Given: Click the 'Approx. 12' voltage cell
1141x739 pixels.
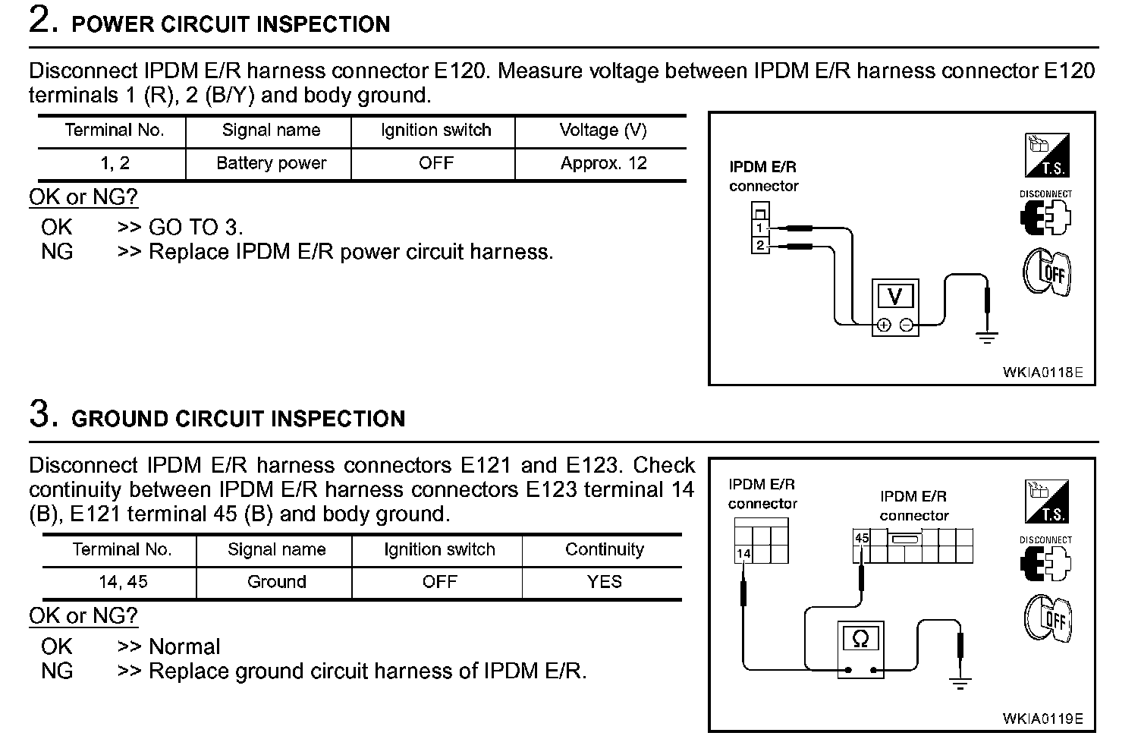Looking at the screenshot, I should coord(603,163).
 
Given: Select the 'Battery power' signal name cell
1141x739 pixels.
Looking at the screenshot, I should coord(271,163).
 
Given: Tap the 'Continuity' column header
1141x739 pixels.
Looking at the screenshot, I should coord(604,549).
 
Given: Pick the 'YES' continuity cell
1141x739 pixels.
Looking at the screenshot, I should coord(604,582).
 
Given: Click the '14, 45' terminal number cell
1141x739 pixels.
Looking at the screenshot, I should coord(122,582).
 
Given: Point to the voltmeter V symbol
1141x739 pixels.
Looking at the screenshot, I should coord(895,297).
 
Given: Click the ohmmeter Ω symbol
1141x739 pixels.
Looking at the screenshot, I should coord(860,639).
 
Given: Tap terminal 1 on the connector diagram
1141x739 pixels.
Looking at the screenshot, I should coord(759,228).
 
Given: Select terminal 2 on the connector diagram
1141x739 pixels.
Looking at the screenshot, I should coord(759,244).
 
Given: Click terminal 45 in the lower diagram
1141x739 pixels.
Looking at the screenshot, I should coord(862,538).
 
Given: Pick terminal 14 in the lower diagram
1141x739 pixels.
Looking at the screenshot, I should coord(743,554).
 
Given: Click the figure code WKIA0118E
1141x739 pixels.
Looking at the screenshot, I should coord(1042,373).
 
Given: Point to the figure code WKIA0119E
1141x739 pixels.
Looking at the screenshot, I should coord(1042,719).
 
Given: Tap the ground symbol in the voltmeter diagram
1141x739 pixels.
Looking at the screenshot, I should coord(986,337).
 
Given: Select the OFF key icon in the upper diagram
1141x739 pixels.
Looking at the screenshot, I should coord(1046,272).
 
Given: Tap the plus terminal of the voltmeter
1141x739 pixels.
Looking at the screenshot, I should coord(883,325).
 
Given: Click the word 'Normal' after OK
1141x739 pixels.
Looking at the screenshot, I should coord(184,646).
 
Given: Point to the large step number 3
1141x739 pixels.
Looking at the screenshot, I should coord(43,415).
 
